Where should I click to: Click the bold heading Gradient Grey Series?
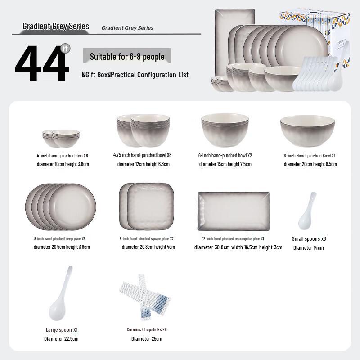click(56, 26)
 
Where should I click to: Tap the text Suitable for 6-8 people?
click(127, 57)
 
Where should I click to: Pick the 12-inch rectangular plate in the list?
click(233, 211)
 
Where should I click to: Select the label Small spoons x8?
click(309, 239)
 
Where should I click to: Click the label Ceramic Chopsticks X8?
click(147, 329)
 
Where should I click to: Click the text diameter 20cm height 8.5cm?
click(310, 164)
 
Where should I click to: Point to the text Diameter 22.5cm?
click(61, 338)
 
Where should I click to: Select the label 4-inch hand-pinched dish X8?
click(63, 156)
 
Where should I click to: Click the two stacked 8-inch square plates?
click(146, 205)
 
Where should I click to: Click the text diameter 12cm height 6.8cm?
click(143, 164)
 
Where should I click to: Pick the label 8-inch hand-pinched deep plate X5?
click(59, 239)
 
